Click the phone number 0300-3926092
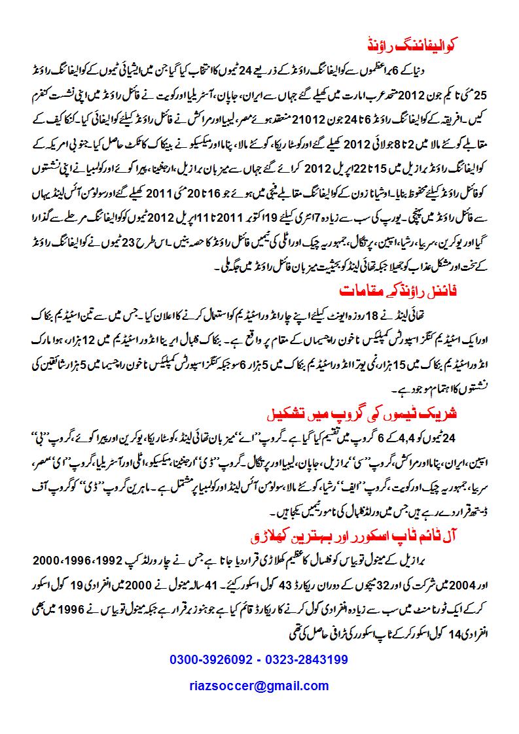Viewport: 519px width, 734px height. [x=211, y=660]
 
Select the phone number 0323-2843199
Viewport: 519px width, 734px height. [x=307, y=660]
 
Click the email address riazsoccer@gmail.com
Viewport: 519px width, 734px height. [x=259, y=686]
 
